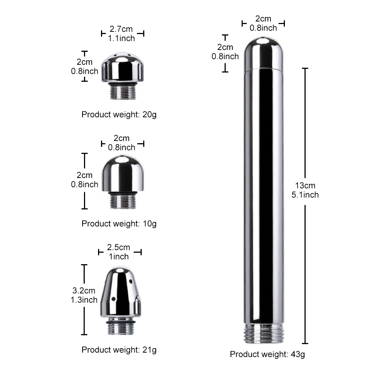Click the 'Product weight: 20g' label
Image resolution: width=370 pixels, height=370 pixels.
119,115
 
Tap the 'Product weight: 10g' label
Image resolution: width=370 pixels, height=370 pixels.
119,224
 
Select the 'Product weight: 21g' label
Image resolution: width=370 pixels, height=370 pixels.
119,350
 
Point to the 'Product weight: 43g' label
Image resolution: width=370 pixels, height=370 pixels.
268,354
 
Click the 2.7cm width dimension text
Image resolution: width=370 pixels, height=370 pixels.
121,29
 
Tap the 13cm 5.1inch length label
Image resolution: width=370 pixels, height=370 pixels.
305,190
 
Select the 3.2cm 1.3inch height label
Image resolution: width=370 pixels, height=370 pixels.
84,295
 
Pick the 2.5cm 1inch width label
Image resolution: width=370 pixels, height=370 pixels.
118,252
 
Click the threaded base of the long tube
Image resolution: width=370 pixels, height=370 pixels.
263,333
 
